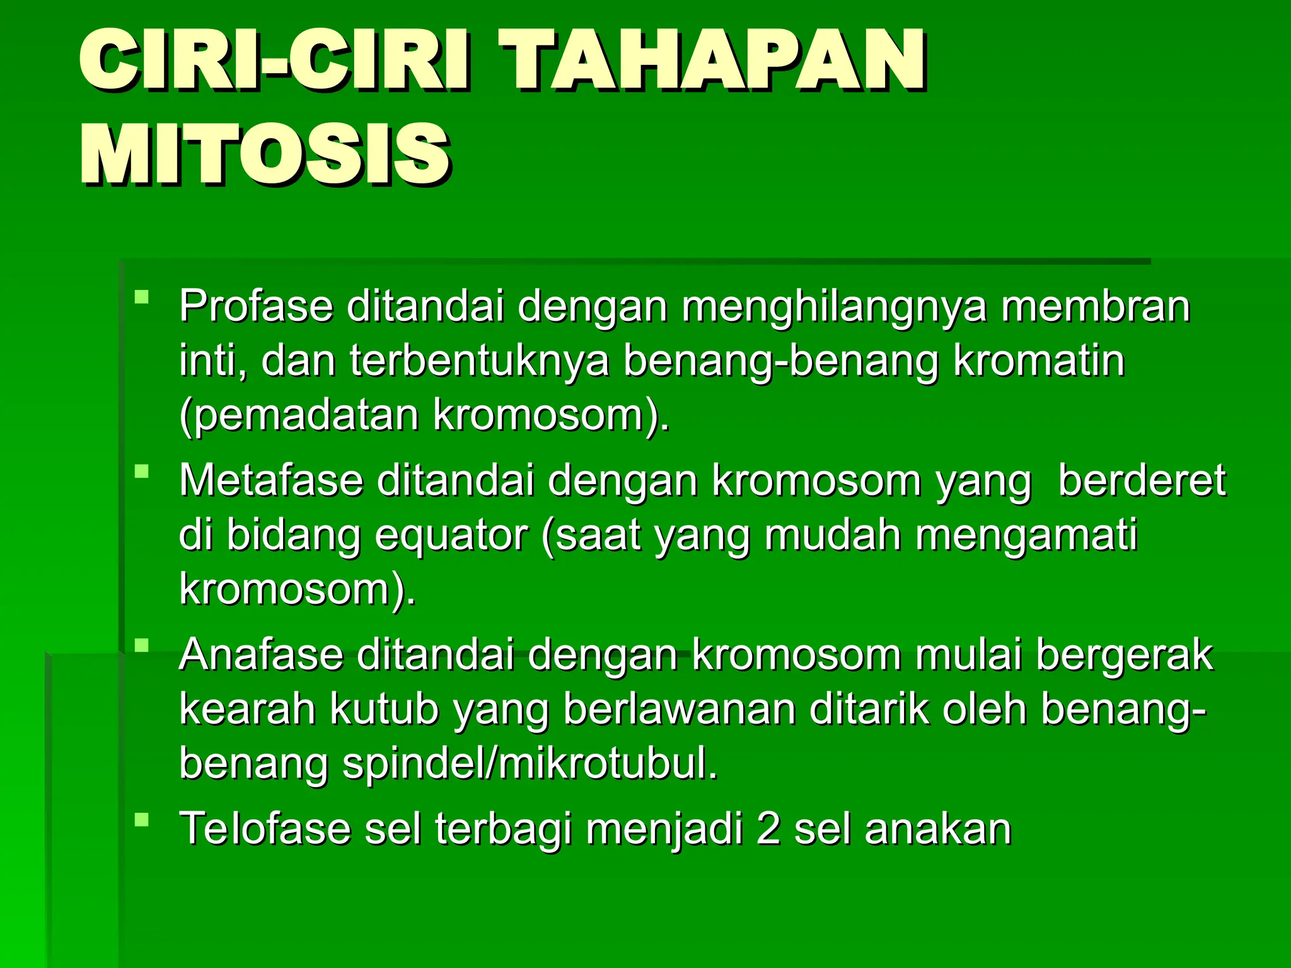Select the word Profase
255,307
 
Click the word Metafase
271,481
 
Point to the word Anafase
261,655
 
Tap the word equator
451,535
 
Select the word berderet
1142,481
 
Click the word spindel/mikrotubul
530,763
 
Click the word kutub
384,709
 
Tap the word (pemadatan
299,417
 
